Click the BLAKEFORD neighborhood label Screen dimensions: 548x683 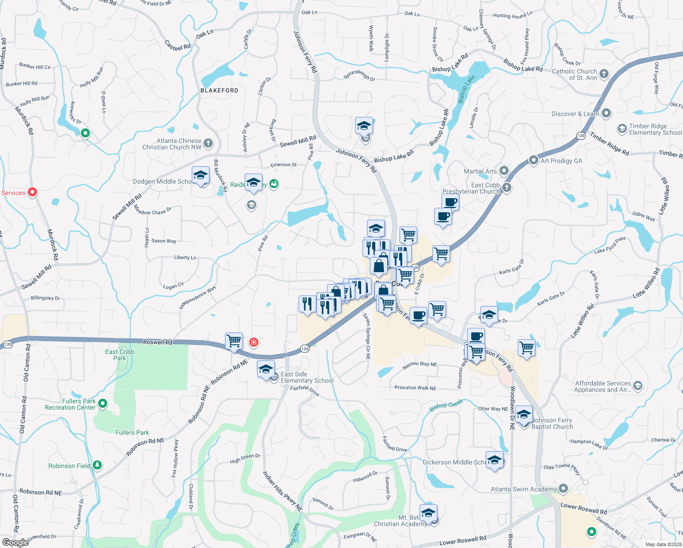pos(219,90)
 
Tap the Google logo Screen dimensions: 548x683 pos(15,542)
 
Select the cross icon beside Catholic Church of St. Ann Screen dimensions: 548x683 pos(604,74)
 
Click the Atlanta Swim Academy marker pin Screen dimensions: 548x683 pos(563,489)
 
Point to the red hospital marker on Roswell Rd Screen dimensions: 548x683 pos(254,342)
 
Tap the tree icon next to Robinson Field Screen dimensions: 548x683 pos(97,465)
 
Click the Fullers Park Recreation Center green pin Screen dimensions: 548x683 pos(103,404)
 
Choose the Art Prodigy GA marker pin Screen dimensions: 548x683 pos(533,160)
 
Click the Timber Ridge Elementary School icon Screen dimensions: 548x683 pos(622,129)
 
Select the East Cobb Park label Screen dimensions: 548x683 pos(120,355)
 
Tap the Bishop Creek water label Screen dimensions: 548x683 pos(446,405)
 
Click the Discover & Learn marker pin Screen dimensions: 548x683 pos(606,113)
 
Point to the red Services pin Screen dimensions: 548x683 pos(32,192)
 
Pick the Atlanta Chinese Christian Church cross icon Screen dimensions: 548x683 pos(208,143)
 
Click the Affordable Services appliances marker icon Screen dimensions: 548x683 pos(638,386)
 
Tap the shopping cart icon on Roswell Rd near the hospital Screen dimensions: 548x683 pos(234,341)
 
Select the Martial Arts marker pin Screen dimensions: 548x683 pos(504,171)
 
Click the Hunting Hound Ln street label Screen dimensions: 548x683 pos(512,16)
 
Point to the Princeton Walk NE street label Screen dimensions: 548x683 pos(415,388)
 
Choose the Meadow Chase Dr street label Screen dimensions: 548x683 pos(152,211)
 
